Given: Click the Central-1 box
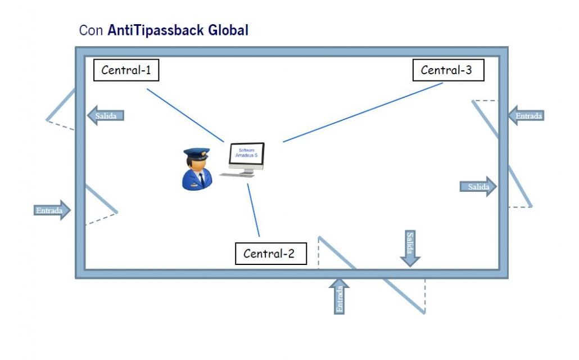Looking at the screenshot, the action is pyautogui.click(x=126, y=70).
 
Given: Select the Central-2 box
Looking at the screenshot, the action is pyautogui.click(x=270, y=254).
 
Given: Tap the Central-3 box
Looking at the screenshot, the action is pyautogui.click(x=448, y=70).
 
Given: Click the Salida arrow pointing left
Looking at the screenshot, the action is pyautogui.click(x=106, y=115).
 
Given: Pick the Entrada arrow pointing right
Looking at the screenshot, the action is pyautogui.click(x=52, y=210).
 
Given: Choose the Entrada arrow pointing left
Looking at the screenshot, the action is pyautogui.click(x=526, y=116).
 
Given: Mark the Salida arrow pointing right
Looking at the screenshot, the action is pyautogui.click(x=478, y=187).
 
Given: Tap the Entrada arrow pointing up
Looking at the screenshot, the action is pyautogui.click(x=339, y=296).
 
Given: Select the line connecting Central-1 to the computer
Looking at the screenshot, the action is pyautogui.click(x=186, y=115).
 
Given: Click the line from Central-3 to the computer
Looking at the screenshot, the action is pyautogui.click(x=363, y=112).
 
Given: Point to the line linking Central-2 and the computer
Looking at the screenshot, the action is pyautogui.click(x=254, y=210).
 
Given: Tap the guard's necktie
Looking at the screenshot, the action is pyautogui.click(x=202, y=179).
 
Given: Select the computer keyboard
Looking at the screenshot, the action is pyautogui.click(x=237, y=175).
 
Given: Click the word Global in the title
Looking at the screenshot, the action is pyautogui.click(x=228, y=30).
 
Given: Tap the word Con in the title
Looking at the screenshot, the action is pyautogui.click(x=91, y=30).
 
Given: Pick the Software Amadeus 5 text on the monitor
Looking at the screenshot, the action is pyautogui.click(x=247, y=152).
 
